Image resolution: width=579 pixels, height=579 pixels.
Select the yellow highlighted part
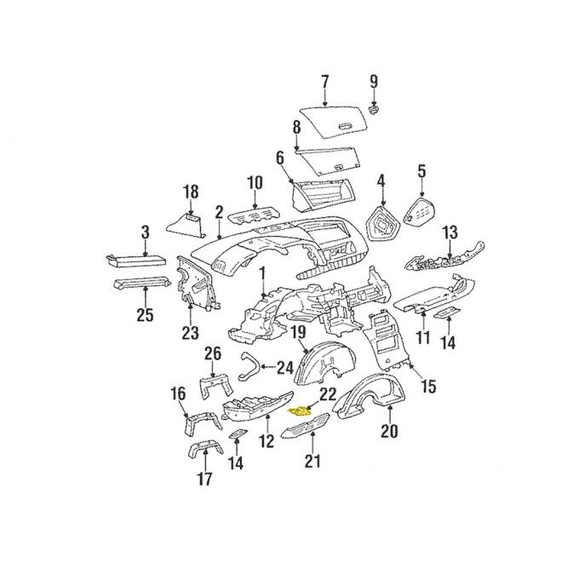pos(301,410)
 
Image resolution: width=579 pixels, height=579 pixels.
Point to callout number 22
pos(326,394)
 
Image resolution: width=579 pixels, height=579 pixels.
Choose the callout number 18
pos(191,192)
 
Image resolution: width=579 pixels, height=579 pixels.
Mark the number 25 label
pos(145,316)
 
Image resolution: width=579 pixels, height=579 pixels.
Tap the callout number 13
pos(450,232)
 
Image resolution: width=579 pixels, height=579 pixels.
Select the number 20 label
pos(389,431)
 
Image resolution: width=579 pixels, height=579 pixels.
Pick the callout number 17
pos(205,479)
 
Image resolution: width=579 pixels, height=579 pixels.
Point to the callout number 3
pos(146,232)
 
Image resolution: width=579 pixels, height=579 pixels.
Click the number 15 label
pos(427,387)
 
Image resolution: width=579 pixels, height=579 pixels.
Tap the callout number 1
pos(263,273)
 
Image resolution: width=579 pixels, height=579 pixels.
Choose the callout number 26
pos(213,353)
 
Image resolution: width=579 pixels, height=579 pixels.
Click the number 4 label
pos(381,181)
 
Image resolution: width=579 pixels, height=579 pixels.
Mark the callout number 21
pos(313,461)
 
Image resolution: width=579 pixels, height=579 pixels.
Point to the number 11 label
pos(423,337)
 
